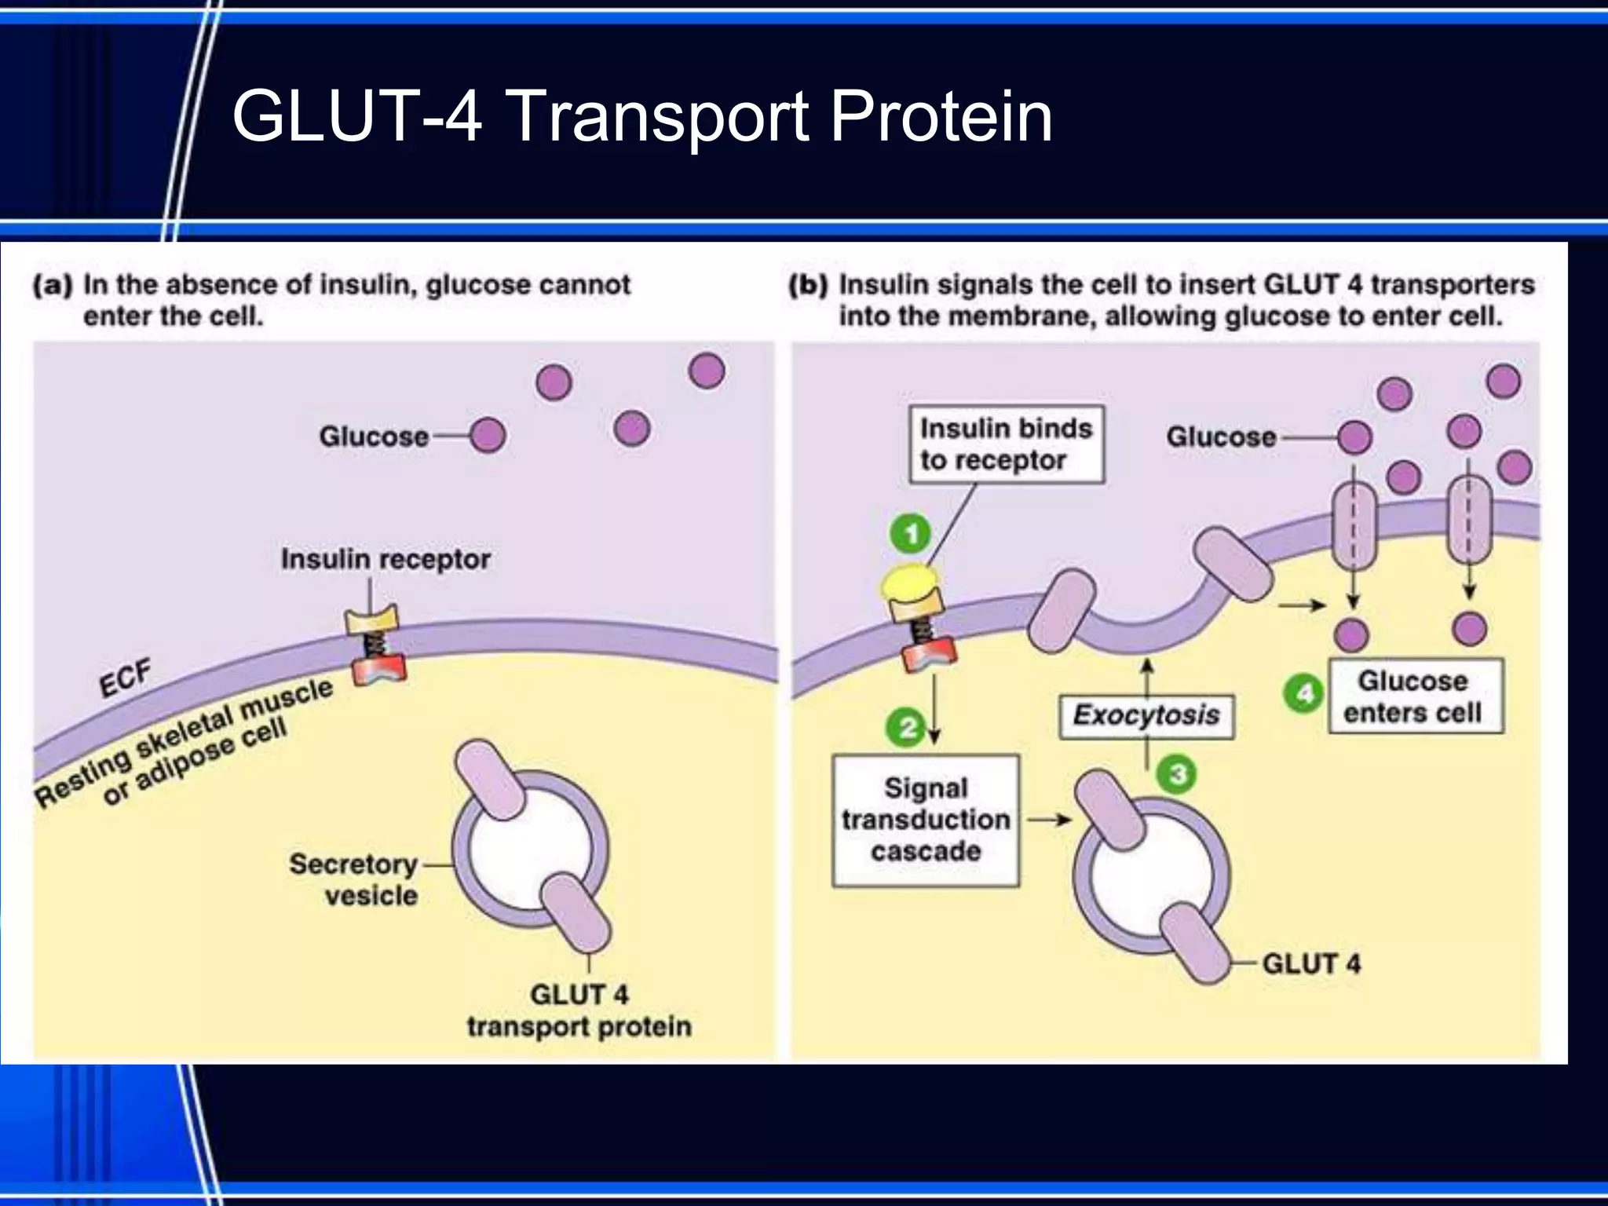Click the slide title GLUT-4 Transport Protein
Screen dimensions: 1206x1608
click(641, 116)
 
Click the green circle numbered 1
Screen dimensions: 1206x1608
click(910, 535)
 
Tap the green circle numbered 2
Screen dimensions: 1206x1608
click(906, 727)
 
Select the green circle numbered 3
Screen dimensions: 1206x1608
click(1176, 774)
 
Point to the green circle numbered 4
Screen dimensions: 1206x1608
click(1303, 694)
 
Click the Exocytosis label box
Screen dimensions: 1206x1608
click(1146, 715)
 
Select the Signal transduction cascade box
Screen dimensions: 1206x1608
click(926, 820)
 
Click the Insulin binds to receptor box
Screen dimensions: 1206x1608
click(1006, 444)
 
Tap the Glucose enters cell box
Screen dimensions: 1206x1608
click(1415, 696)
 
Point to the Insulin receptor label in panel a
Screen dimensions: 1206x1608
click(386, 559)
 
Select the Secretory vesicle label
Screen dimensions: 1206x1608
click(354, 879)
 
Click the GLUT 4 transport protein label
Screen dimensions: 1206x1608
click(579, 1010)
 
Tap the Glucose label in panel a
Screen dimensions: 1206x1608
click(374, 436)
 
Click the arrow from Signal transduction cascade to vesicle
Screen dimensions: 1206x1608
click(1049, 820)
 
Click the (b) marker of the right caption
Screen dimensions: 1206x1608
click(807, 284)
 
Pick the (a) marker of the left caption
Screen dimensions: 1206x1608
click(52, 284)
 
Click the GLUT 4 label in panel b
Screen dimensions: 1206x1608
click(1310, 963)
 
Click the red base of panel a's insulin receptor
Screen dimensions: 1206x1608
click(378, 670)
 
